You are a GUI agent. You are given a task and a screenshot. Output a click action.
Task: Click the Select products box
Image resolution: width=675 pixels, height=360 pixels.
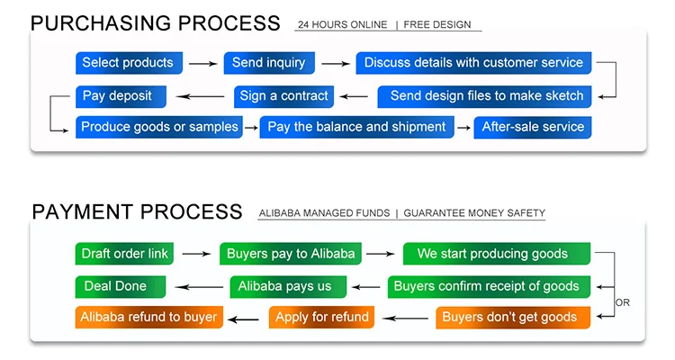[129, 63]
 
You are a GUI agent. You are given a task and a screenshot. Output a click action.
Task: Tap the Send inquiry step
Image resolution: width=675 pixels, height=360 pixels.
[269, 63]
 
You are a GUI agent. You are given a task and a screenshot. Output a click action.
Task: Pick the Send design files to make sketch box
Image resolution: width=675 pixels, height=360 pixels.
[485, 95]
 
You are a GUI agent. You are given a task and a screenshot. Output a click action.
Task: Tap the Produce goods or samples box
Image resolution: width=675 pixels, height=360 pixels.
[159, 127]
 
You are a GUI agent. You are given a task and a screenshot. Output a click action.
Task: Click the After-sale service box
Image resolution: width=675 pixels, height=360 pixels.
[534, 127]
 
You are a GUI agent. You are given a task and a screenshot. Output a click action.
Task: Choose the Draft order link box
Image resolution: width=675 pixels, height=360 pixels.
[124, 254]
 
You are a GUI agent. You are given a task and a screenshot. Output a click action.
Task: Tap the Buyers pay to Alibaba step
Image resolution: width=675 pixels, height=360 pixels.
[291, 254]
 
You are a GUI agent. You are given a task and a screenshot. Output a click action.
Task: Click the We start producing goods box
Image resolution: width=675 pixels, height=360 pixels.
[496, 254]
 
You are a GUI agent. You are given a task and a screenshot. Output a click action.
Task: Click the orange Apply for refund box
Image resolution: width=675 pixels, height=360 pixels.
[321, 317]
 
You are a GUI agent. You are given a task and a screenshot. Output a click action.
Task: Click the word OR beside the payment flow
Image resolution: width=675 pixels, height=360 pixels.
[622, 303]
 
